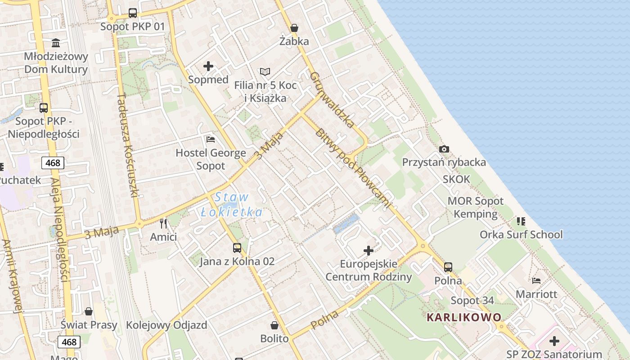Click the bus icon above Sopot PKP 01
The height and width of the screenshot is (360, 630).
pyautogui.click(x=133, y=13)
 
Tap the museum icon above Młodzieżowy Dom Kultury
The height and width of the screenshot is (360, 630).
pyautogui.click(x=56, y=43)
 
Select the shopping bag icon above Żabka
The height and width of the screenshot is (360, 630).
pyautogui.click(x=294, y=28)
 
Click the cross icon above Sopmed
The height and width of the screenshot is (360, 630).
pyautogui.click(x=208, y=66)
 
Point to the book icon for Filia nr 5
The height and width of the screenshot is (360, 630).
pyautogui.click(x=265, y=72)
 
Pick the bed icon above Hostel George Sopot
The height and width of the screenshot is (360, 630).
pyautogui.click(x=210, y=139)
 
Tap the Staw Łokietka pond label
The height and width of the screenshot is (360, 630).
pyautogui.click(x=232, y=204)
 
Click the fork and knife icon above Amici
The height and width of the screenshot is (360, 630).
pyautogui.click(x=163, y=223)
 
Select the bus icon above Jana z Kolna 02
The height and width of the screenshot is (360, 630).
pyautogui.click(x=237, y=247)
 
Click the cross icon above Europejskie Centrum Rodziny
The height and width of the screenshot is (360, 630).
pyautogui.click(x=369, y=250)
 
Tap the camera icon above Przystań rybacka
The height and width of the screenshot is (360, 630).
pyautogui.click(x=444, y=149)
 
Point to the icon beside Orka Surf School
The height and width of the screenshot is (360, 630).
pyautogui.click(x=521, y=221)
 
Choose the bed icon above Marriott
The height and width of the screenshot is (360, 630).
pyautogui.click(x=536, y=281)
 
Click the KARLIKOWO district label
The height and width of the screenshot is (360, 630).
pyautogui.click(x=464, y=317)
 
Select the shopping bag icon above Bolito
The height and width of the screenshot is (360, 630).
pyautogui.click(x=274, y=325)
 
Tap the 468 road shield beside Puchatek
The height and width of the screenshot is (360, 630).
pyautogui.click(x=53, y=162)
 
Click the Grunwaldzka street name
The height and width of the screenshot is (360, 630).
pyautogui.click(x=332, y=99)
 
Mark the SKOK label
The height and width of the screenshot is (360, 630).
pyautogui.click(x=456, y=179)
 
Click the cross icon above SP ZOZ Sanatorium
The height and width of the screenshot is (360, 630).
pyautogui.click(x=554, y=341)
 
